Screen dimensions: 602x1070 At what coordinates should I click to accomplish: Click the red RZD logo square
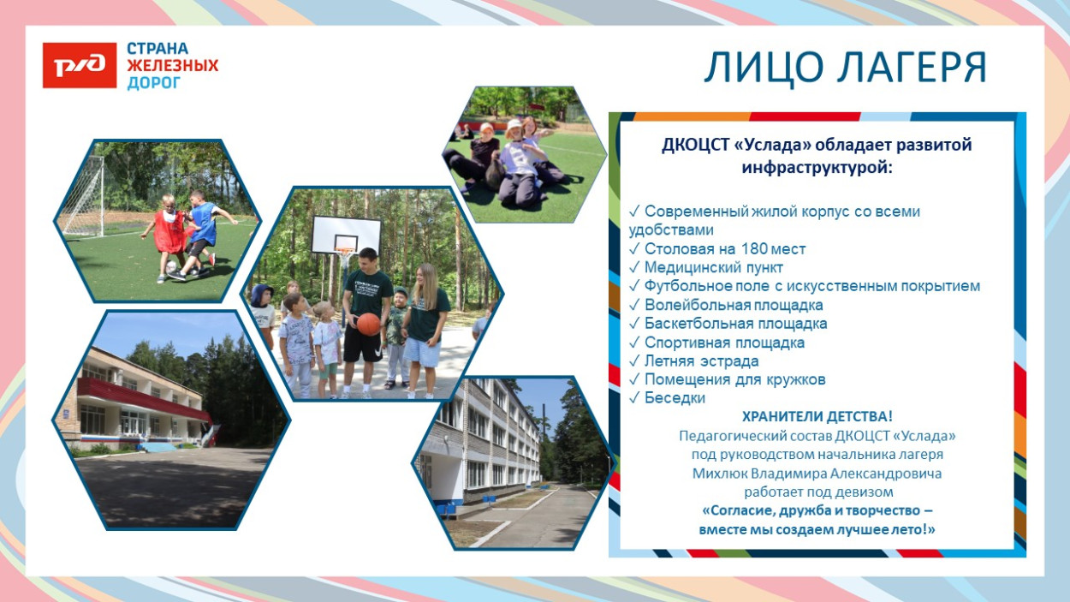pyautogui.click(x=80, y=66)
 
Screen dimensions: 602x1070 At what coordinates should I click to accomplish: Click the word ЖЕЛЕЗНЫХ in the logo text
pyautogui.click(x=173, y=66)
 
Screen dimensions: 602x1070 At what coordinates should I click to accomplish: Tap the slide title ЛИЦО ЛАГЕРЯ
pyautogui.click(x=845, y=69)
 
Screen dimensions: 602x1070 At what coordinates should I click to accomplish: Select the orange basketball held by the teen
pyautogui.click(x=368, y=324)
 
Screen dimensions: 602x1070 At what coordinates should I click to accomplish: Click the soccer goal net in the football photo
pyautogui.click(x=84, y=197)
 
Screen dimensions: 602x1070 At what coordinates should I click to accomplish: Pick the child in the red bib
pyautogui.click(x=168, y=231)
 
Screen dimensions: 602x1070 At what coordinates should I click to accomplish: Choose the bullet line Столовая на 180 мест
pyautogui.click(x=724, y=249)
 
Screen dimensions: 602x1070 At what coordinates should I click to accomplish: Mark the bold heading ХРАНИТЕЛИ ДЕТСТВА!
pyautogui.click(x=817, y=417)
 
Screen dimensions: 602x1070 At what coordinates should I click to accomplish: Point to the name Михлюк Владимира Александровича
pyautogui.click(x=817, y=473)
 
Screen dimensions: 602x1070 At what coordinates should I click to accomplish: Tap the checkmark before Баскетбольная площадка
pyautogui.click(x=634, y=324)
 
